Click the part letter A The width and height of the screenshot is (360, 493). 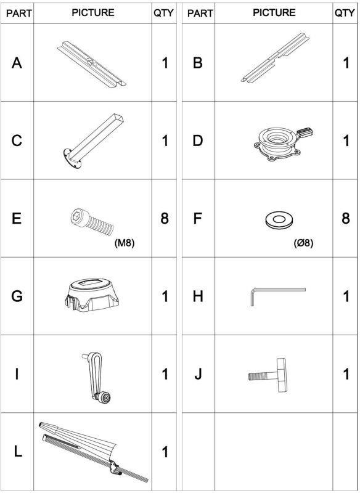tap(17, 63)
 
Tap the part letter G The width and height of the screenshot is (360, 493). tap(17, 296)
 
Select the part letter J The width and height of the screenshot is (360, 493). tap(197, 374)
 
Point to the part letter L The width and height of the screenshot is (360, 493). tap(18, 452)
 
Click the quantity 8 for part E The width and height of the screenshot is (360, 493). tap(165, 218)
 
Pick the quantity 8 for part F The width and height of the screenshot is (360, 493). tap(346, 218)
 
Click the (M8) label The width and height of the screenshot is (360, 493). tap(124, 243)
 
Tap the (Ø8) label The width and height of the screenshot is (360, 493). tap(303, 243)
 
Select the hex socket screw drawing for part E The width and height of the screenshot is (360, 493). tap(91, 221)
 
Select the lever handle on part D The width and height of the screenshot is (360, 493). tap(305, 132)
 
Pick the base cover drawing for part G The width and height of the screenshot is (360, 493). tap(91, 295)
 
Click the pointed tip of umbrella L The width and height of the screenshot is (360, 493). tap(40, 424)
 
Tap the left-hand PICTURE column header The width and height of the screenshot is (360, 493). tap(92, 12)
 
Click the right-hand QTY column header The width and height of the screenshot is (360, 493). tap(345, 13)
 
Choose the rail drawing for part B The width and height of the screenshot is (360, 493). tap(275, 58)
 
